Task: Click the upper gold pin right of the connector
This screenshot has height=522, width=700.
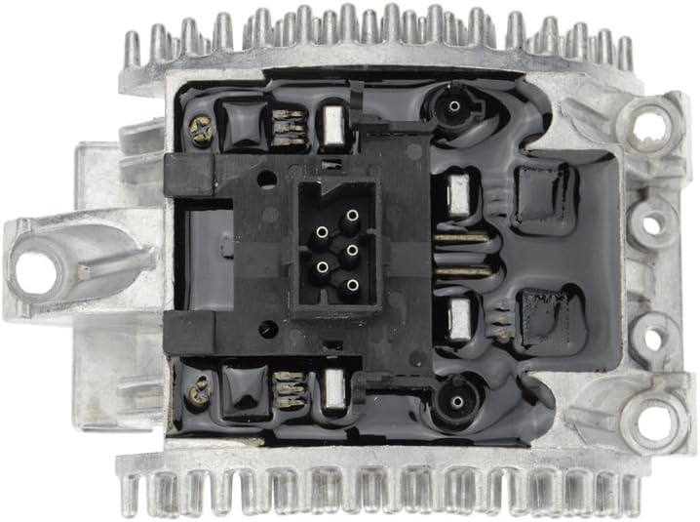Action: (461, 237)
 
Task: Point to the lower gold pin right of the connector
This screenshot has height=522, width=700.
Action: (461, 272)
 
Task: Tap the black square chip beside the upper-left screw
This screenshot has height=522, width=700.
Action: (240, 121)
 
